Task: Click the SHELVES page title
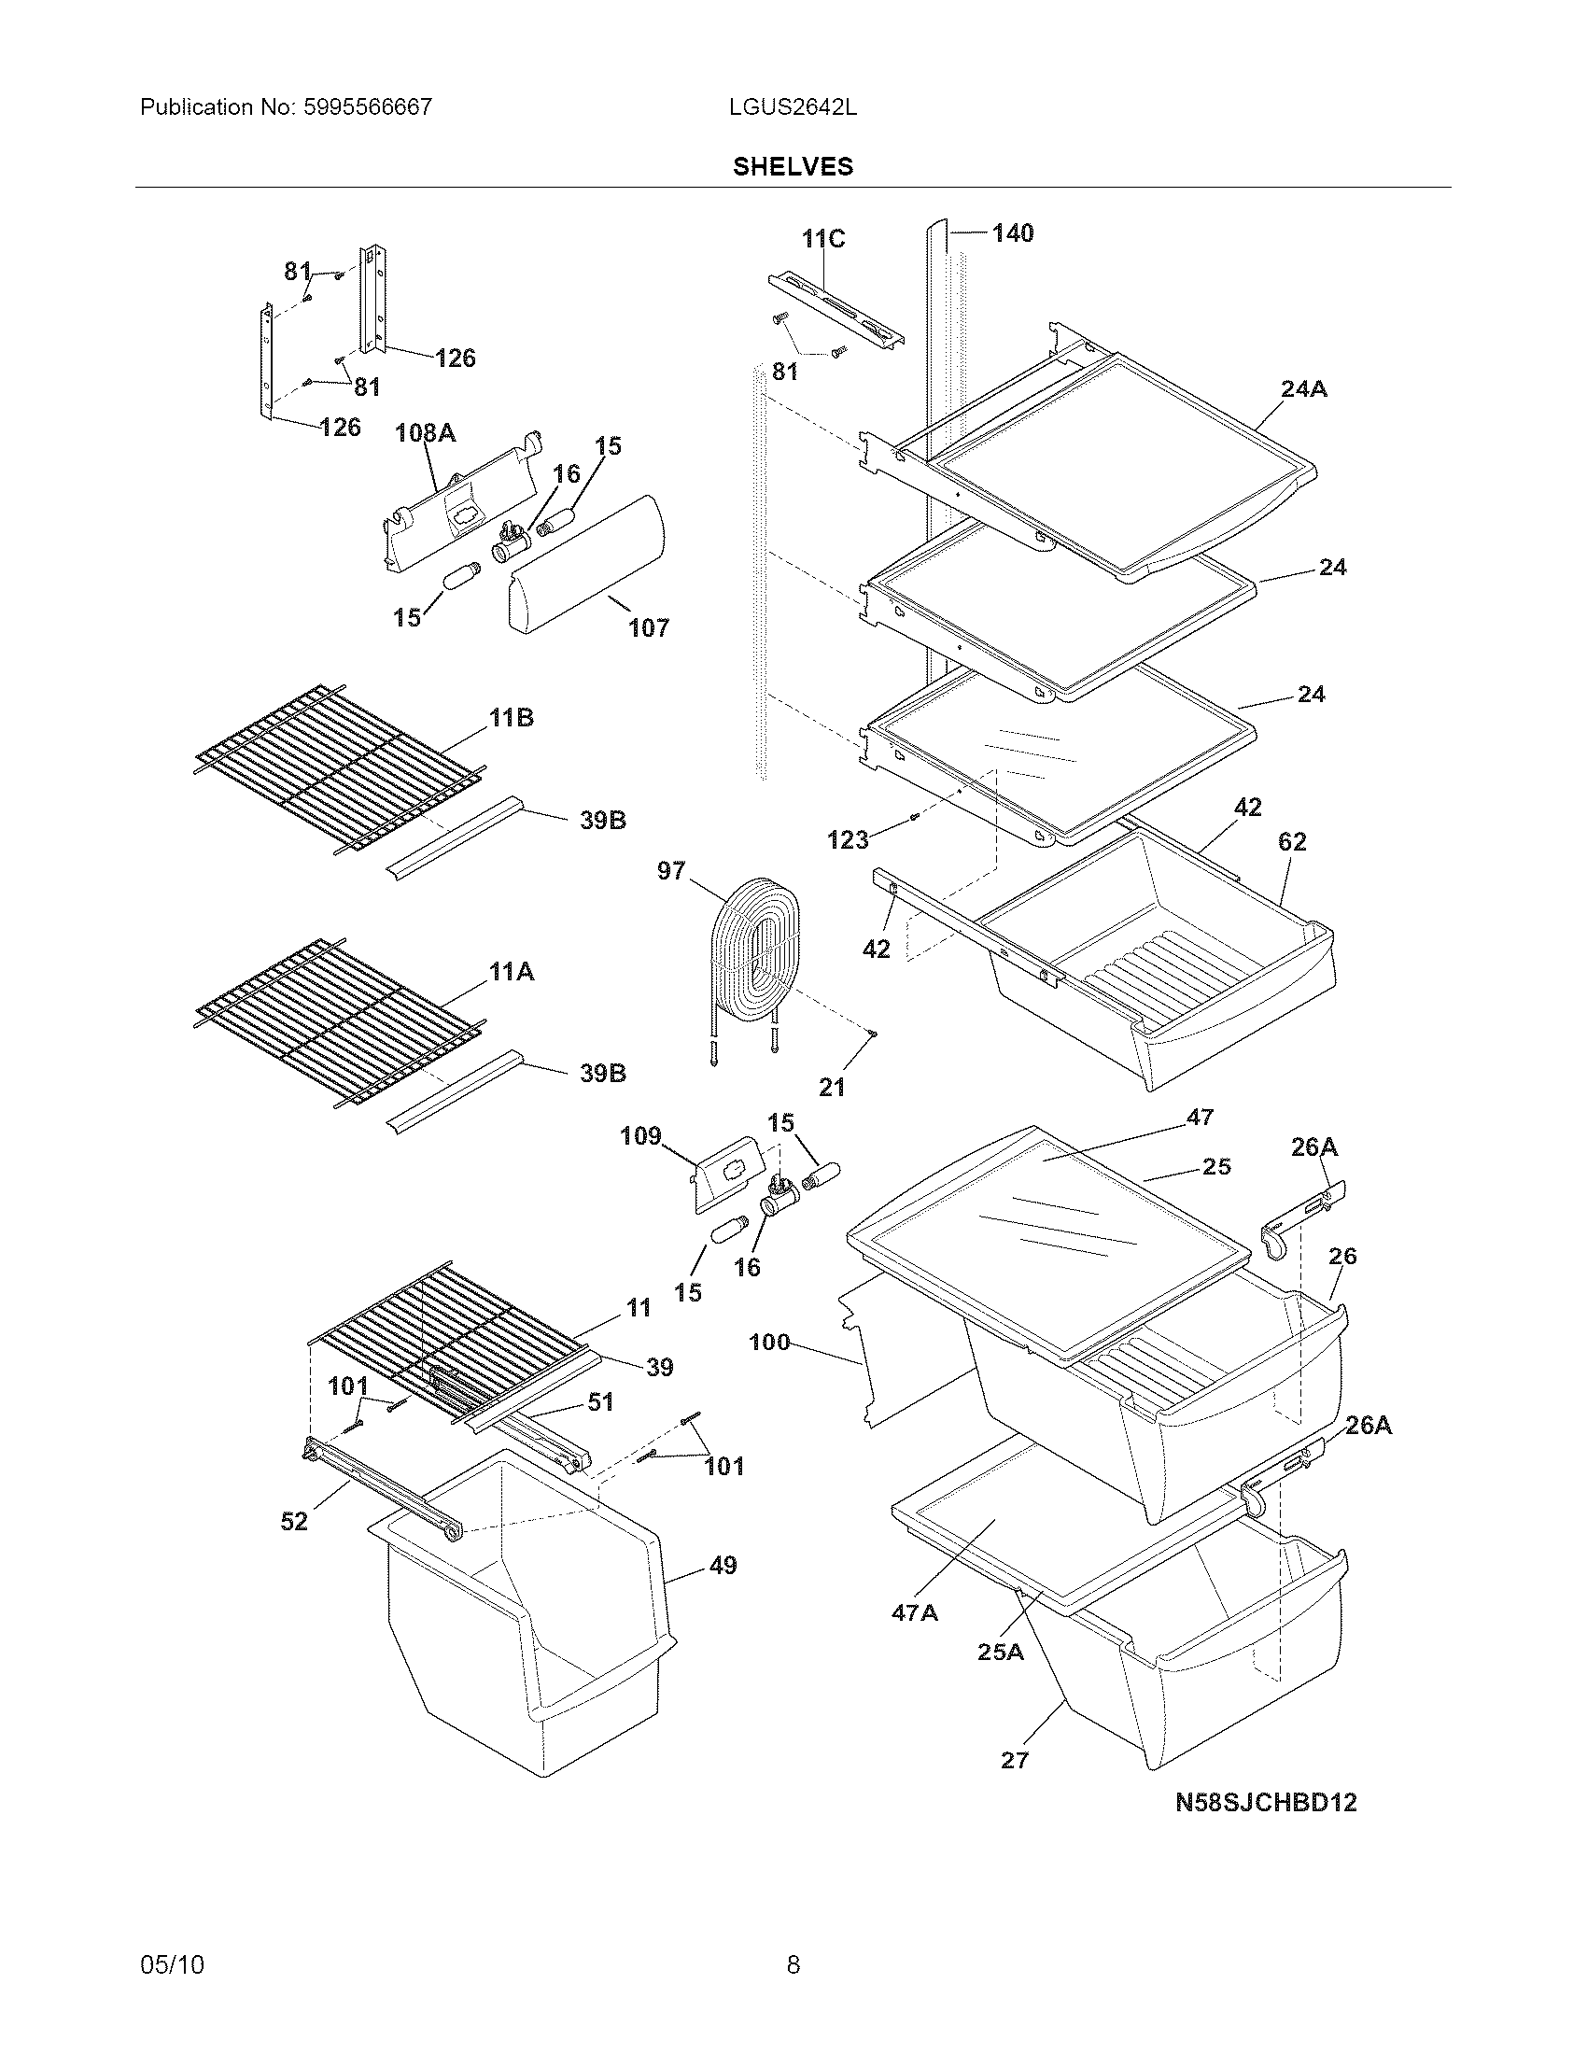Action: [x=793, y=166]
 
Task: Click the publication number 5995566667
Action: [x=368, y=107]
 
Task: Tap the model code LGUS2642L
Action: [x=793, y=107]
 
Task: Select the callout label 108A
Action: [x=425, y=432]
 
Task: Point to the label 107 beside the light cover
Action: [x=649, y=627]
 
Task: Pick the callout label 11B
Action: [x=511, y=718]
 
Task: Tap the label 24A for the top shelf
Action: [x=1303, y=388]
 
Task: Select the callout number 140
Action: [x=1013, y=233]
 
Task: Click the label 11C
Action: [x=823, y=239]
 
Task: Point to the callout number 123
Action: [x=847, y=840]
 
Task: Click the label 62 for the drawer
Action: [x=1292, y=842]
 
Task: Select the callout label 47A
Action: [x=915, y=1613]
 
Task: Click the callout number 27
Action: [x=1015, y=1760]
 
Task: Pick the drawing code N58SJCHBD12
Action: [x=1266, y=1802]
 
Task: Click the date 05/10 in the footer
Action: [x=171, y=1964]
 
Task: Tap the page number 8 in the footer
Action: [x=793, y=1964]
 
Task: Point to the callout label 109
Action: [x=640, y=1136]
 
